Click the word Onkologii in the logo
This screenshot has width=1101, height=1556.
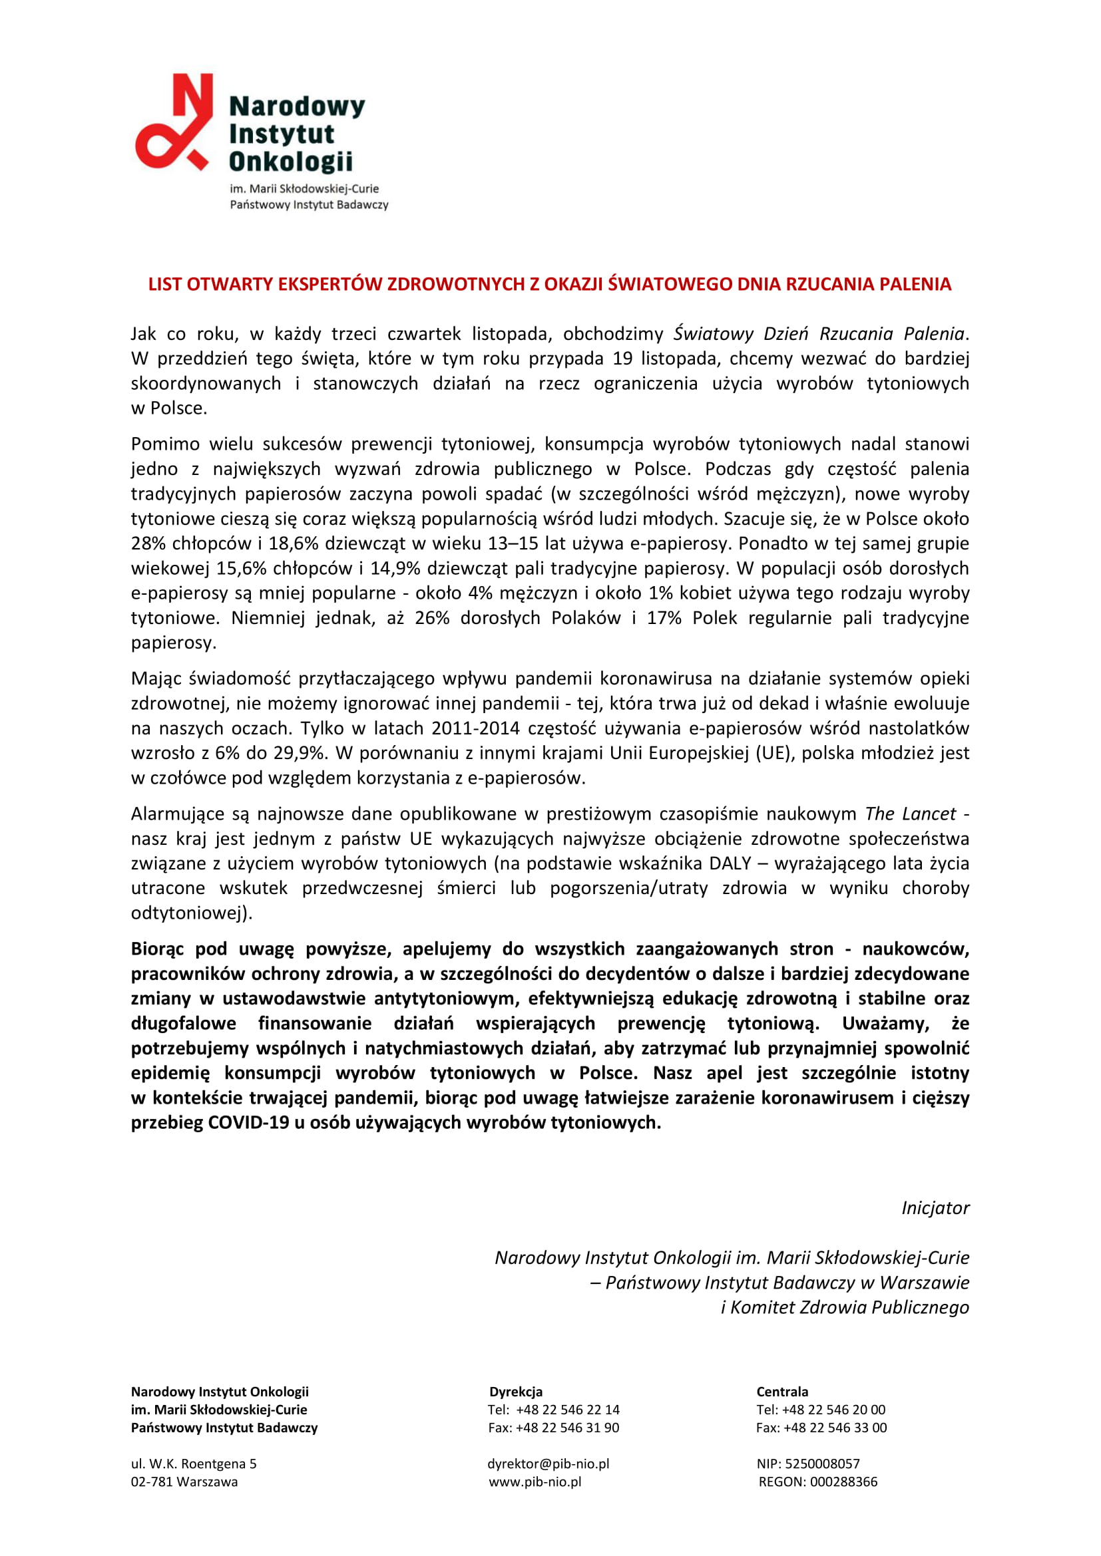coord(291,162)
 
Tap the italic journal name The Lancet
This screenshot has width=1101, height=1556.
coord(910,814)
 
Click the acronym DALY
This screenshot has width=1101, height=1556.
coord(730,863)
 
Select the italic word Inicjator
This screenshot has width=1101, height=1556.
coord(935,1207)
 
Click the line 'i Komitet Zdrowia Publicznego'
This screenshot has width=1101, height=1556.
coord(844,1307)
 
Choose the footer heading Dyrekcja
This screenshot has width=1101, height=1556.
coord(516,1391)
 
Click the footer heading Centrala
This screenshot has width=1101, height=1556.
coord(781,1391)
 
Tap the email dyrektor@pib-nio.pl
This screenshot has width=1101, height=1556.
coord(548,1463)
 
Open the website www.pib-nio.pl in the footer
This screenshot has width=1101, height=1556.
coord(535,1481)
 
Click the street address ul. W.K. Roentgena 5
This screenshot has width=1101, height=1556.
coord(193,1463)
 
